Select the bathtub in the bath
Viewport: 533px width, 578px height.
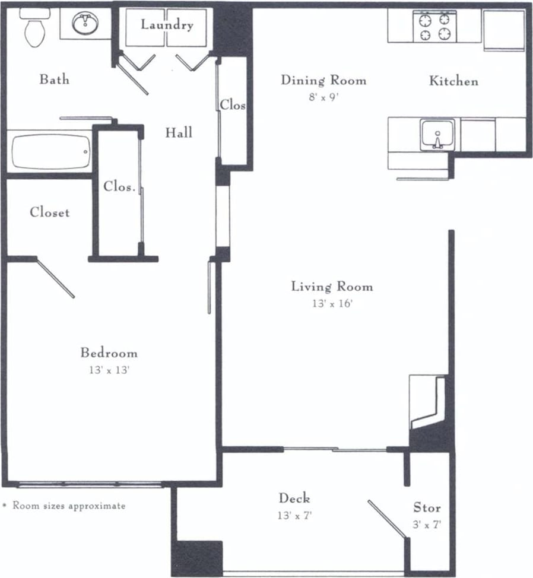(x=51, y=152)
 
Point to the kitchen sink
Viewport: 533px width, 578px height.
(x=437, y=135)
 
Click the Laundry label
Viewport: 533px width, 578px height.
(x=167, y=25)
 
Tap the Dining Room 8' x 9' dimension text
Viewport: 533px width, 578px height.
(x=322, y=98)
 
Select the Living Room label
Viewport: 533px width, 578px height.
(x=332, y=287)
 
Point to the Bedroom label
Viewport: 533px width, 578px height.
(x=109, y=353)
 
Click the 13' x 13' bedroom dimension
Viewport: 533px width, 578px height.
(x=109, y=370)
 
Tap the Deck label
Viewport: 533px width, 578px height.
(x=294, y=498)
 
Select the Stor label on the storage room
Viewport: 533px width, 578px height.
(x=427, y=507)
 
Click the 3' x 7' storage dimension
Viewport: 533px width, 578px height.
(x=427, y=525)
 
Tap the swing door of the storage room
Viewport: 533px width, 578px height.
(x=387, y=519)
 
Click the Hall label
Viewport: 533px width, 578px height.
(x=179, y=132)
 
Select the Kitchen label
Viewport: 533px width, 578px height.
(x=453, y=81)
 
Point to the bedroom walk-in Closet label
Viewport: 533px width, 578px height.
(x=50, y=212)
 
